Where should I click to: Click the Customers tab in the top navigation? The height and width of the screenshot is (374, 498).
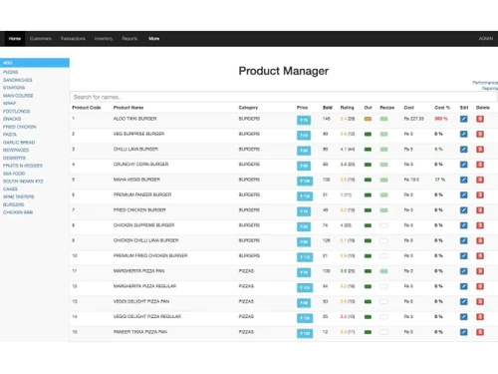coord(41,38)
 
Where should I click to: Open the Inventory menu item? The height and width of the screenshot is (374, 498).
coord(104,38)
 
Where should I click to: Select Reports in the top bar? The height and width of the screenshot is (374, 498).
coord(129,38)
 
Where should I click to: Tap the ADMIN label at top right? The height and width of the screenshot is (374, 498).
coord(485,38)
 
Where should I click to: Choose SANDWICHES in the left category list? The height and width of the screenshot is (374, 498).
coord(17,80)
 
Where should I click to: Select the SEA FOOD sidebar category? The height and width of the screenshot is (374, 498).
coord(14,173)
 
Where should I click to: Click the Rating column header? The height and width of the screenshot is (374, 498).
coord(347,108)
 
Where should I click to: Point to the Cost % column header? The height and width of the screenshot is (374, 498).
coord(441,108)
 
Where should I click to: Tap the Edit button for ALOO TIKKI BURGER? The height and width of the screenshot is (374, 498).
coord(464,119)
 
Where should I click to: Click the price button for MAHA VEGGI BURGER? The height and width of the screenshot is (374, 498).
coord(304,181)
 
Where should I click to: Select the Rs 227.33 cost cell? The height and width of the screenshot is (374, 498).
coord(414,119)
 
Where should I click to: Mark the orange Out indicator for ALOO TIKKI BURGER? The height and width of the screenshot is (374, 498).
coord(369,119)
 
